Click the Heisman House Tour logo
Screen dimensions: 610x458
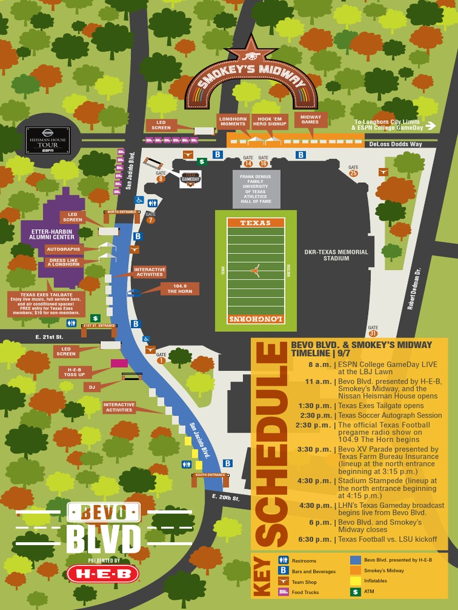pos(48,139)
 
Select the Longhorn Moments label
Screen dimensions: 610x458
pos(233,121)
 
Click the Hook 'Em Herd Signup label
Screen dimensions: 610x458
pos(268,121)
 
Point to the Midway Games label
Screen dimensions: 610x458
pos(311,120)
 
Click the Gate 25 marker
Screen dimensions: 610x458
pos(354,171)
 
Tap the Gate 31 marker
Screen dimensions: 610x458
pos(373,331)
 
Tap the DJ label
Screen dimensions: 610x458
pos(92,387)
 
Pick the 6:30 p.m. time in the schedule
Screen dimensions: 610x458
pos(314,539)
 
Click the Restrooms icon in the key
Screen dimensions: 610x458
pos(283,561)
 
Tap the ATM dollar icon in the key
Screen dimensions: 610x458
pos(355,592)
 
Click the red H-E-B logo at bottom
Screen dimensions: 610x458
pos(103,574)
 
